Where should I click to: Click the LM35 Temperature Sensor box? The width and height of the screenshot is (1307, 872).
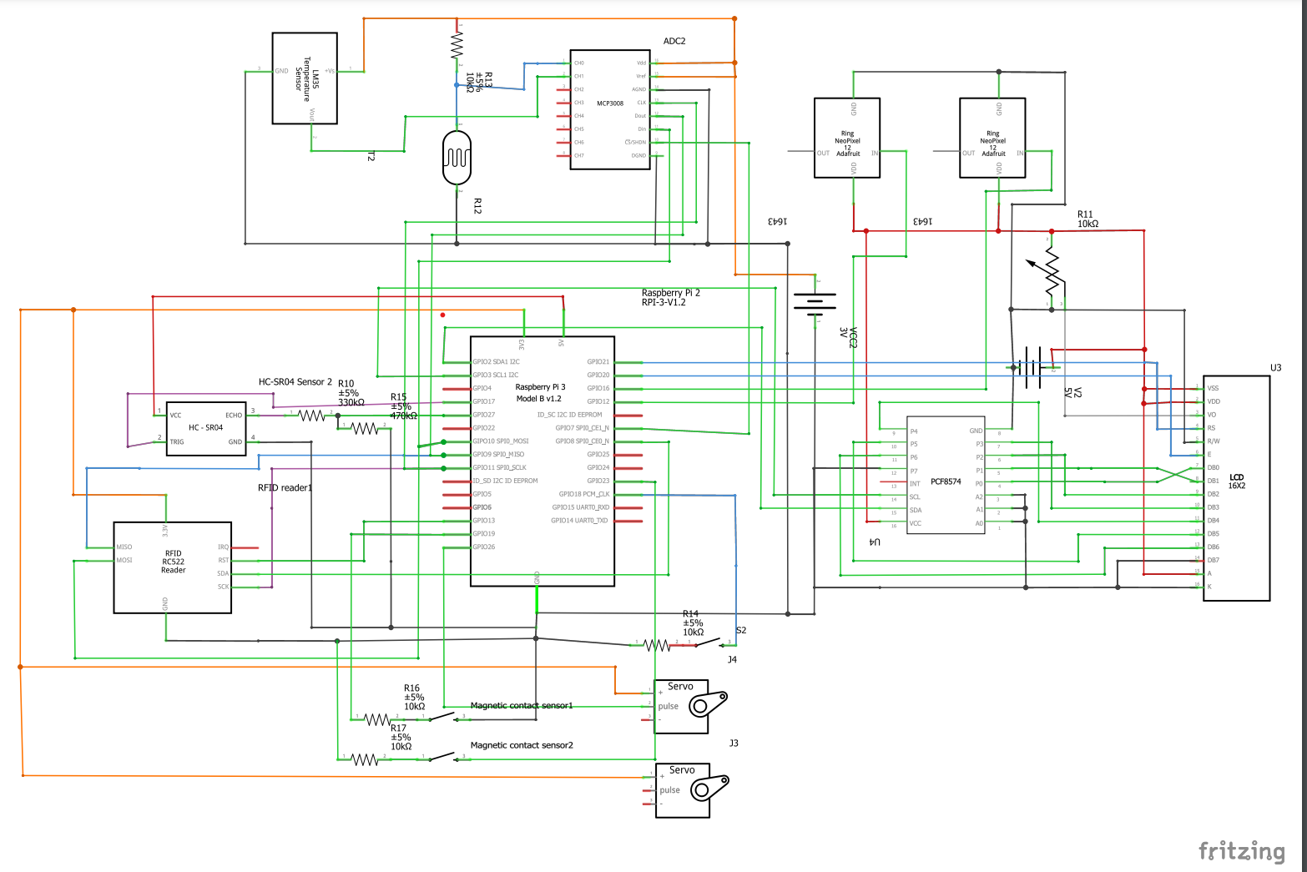tap(305, 78)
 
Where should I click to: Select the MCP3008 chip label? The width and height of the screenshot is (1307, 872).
tap(610, 103)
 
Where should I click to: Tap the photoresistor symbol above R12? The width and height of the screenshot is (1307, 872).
tap(457, 157)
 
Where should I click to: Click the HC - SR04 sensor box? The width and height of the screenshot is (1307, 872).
tap(206, 428)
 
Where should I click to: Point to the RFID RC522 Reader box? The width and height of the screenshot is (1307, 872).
tap(173, 567)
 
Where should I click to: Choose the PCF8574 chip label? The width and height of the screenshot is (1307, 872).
tap(946, 481)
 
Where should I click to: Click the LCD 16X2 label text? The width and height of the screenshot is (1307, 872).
tap(1236, 481)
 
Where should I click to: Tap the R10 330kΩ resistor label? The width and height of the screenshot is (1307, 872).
tap(351, 393)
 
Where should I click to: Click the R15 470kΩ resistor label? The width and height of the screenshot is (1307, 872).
tap(403, 406)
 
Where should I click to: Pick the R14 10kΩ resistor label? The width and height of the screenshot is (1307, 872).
tap(693, 622)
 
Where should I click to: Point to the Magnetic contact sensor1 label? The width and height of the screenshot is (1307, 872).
tap(522, 705)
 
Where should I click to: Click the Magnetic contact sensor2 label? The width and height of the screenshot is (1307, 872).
tap(522, 745)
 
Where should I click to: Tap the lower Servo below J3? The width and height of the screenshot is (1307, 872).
tap(682, 790)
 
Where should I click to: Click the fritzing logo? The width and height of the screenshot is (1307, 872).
tap(1241, 850)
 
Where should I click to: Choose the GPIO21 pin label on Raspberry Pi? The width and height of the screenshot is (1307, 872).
tap(598, 362)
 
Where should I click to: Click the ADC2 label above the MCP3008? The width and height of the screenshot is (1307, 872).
tap(674, 41)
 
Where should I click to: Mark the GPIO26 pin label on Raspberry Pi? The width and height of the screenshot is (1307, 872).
tap(484, 547)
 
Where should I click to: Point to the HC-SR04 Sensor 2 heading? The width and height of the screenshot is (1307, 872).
tap(295, 381)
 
